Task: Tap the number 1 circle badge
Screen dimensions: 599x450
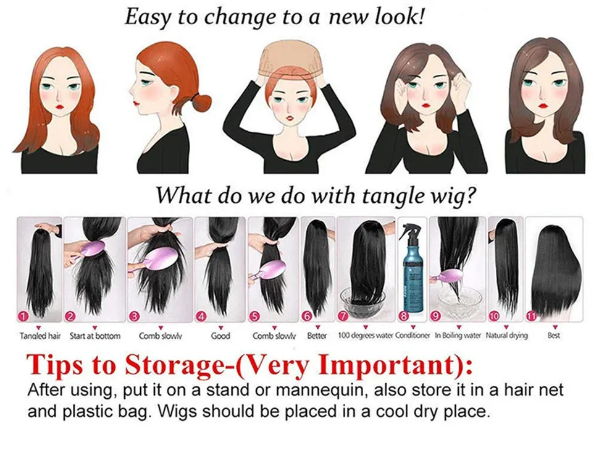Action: pos(24,316)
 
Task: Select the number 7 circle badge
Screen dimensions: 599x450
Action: pos(343,316)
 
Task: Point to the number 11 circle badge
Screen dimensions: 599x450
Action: pos(532,315)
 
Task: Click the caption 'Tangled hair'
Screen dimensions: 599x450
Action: pos(40,336)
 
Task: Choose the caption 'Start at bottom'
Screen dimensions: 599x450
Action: pos(95,336)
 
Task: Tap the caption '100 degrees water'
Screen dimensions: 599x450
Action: pos(365,336)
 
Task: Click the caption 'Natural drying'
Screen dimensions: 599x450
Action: pos(506,336)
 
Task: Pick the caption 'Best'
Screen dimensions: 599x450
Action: pos(553,336)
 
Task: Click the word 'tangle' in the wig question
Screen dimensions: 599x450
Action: pos(390,196)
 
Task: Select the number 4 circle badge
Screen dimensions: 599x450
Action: pos(202,316)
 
